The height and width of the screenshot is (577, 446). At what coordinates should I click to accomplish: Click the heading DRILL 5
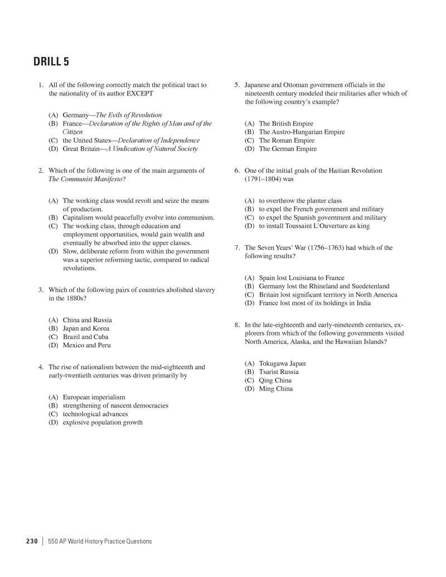[51, 62]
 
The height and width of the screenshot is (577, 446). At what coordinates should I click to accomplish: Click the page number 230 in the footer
[32, 541]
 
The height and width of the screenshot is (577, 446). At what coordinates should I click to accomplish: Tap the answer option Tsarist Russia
[279, 372]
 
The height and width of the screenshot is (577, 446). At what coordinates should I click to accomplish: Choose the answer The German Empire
[288, 149]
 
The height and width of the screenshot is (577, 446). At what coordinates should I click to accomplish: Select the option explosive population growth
[103, 422]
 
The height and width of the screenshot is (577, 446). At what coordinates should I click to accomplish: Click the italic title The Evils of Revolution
[129, 115]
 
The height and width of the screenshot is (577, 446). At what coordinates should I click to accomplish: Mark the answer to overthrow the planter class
[300, 201]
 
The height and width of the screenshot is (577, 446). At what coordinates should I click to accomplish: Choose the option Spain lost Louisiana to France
[302, 278]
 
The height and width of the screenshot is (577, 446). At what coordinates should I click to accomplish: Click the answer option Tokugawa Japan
[282, 363]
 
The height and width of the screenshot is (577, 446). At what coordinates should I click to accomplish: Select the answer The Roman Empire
[287, 140]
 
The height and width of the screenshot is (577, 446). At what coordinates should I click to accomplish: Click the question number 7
[237, 248]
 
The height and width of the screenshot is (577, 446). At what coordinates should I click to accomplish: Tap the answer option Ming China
[275, 389]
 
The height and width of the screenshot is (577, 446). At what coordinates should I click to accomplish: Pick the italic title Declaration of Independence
[158, 140]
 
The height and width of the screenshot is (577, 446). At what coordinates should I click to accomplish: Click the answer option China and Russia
[87, 320]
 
